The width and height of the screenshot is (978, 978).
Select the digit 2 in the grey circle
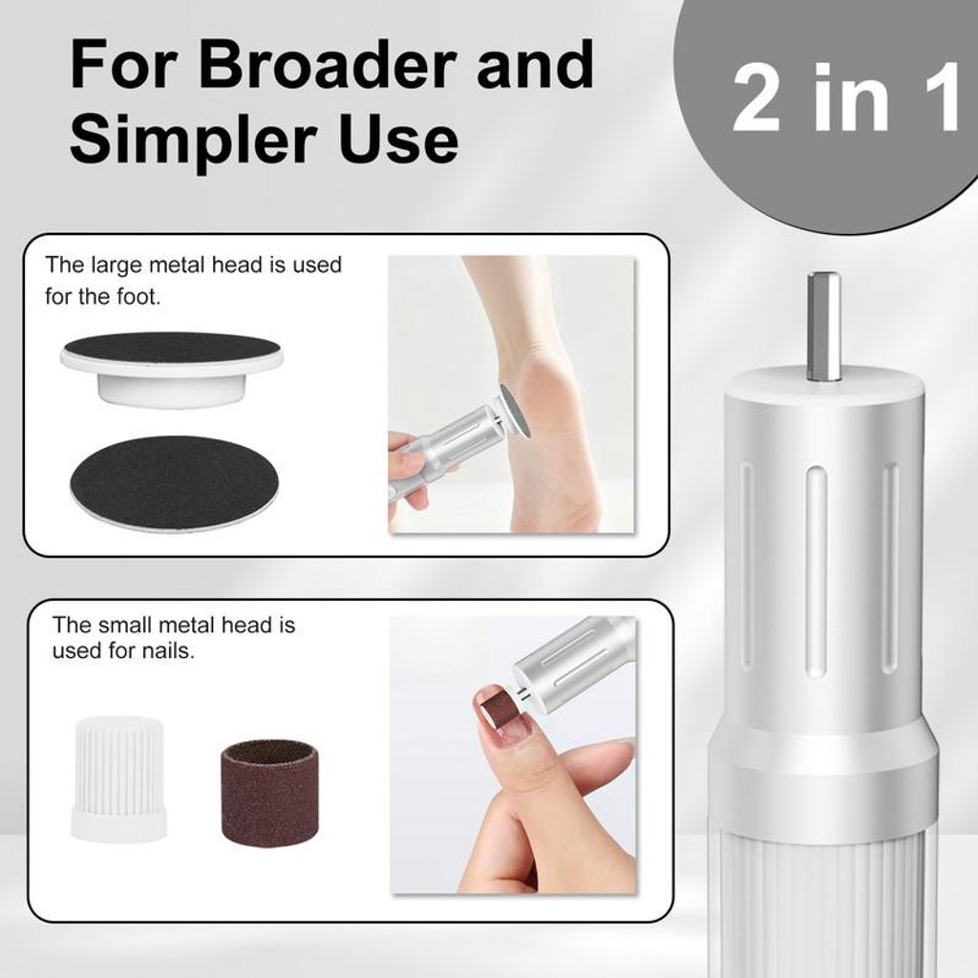(756, 98)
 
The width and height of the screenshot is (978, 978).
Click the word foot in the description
(138, 296)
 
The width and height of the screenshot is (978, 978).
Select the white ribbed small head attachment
(119, 778)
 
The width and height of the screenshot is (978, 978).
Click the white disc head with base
(172, 369)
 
